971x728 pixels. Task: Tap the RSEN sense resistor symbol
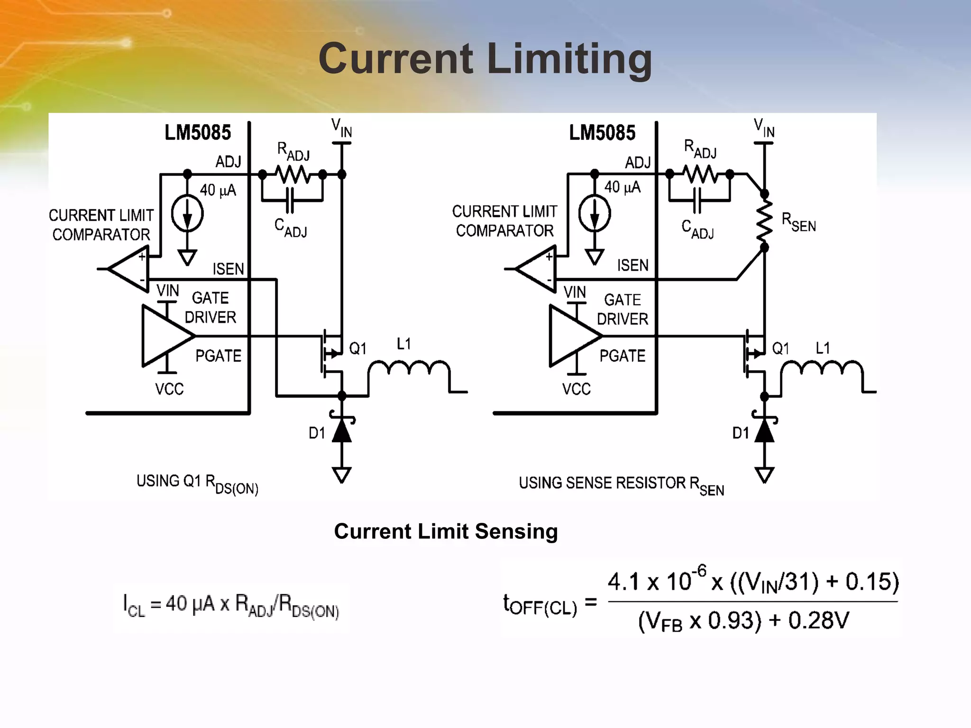[x=764, y=220]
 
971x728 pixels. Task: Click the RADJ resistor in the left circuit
[x=293, y=174]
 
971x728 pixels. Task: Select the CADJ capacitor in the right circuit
[x=697, y=200]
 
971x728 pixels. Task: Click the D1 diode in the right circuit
[x=764, y=430]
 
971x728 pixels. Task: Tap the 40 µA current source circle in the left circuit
[x=187, y=214]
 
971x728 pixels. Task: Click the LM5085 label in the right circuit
[x=602, y=133]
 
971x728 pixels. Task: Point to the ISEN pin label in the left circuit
[x=228, y=269]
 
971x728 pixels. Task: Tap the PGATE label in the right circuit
[x=622, y=356]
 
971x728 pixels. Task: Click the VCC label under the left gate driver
[x=169, y=389]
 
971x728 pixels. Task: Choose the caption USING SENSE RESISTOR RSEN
[x=621, y=484]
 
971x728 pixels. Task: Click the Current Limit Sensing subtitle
[x=446, y=531]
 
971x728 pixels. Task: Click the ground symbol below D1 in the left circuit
[x=341, y=474]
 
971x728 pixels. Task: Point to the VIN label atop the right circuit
[x=764, y=128]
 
